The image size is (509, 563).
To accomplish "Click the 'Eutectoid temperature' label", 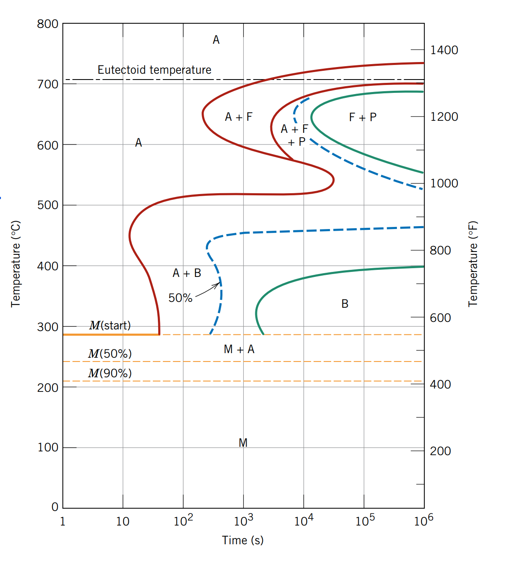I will [154, 70].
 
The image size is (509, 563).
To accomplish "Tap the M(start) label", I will [110, 325].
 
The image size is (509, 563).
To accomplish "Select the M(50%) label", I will [110, 354].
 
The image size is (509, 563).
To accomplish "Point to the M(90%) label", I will [110, 373].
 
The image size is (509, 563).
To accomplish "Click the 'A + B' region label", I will [187, 273].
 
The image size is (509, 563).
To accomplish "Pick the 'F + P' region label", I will [362, 117].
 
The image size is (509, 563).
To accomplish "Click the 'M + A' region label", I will [239, 349].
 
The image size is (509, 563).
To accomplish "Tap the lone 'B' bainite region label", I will [345, 304].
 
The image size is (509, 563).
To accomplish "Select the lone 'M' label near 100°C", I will [243, 443].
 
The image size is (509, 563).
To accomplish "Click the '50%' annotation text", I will [180, 298].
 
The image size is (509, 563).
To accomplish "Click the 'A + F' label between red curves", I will [239, 117].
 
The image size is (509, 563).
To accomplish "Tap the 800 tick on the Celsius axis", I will [48, 24].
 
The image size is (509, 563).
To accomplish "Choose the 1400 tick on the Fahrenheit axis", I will [444, 50].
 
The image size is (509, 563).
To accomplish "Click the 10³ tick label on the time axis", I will [243, 521].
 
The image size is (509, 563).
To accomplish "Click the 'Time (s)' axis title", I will [243, 540].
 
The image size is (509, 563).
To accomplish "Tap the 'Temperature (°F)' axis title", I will [473, 264].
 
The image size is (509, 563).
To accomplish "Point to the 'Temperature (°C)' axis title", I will [16, 264].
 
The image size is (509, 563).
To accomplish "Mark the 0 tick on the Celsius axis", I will [55, 507].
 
